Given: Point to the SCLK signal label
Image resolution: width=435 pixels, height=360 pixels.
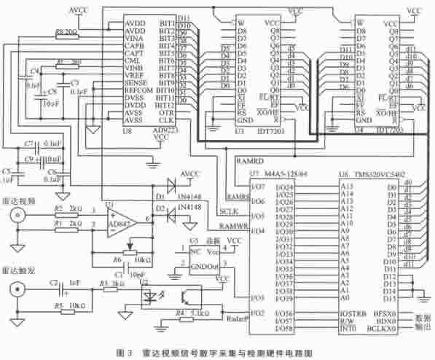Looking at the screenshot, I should [x=228, y=211].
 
